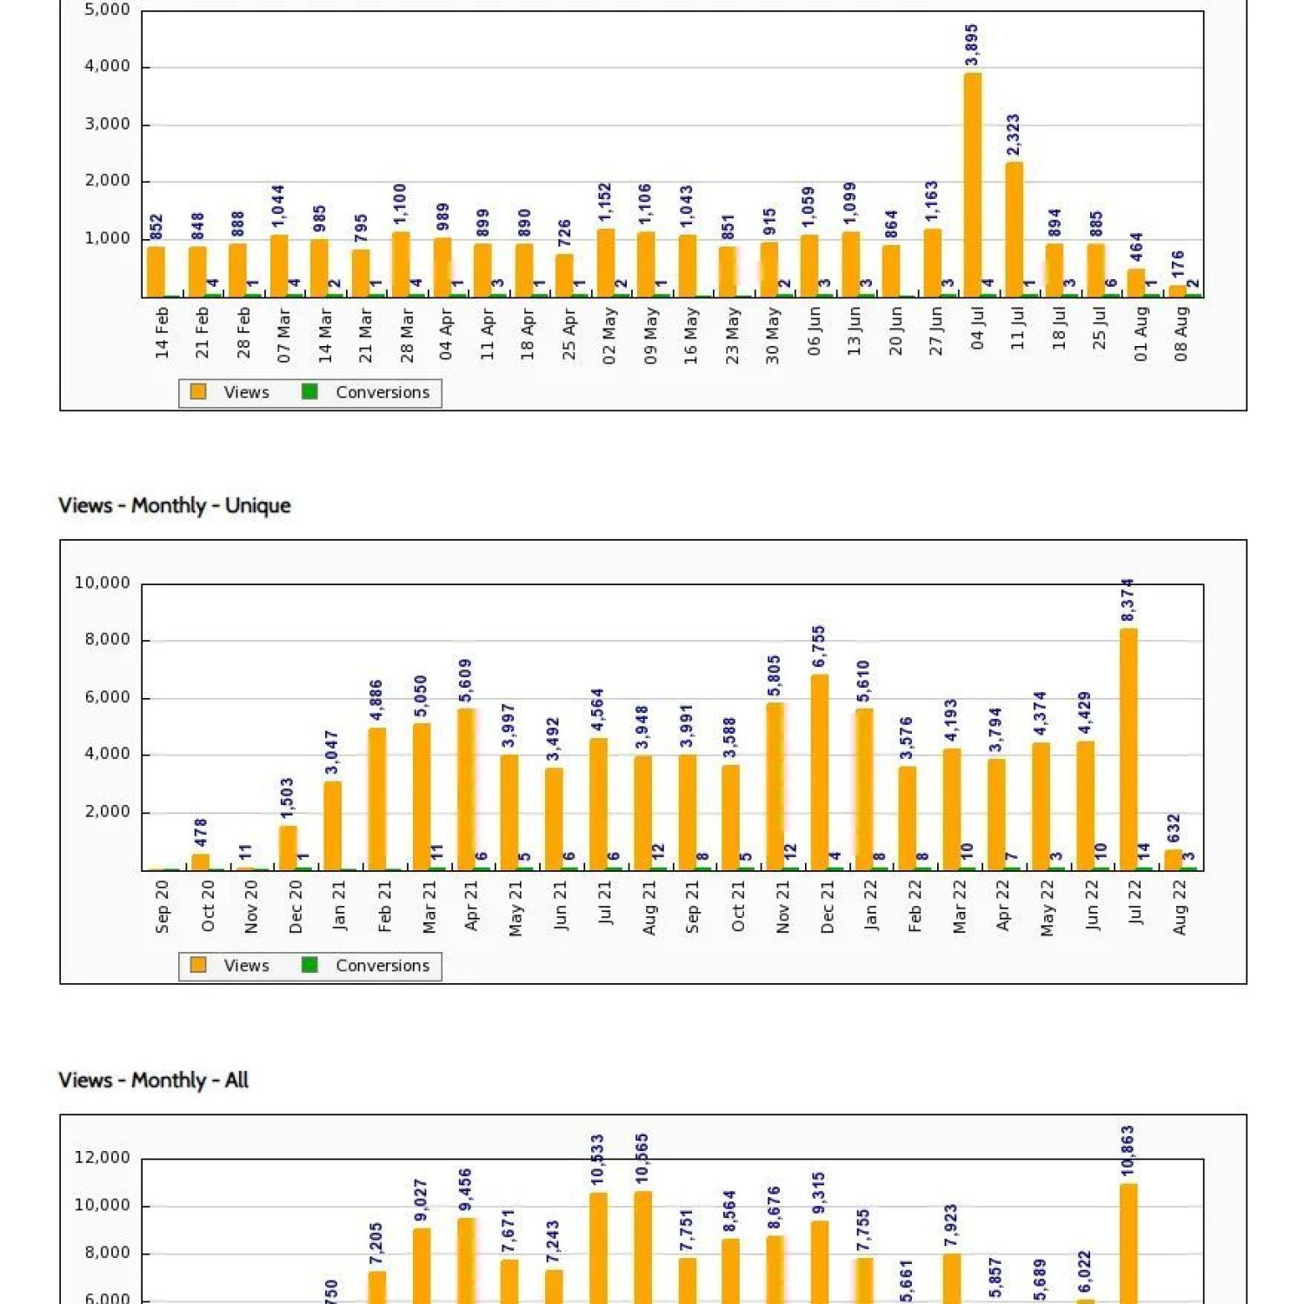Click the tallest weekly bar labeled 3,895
973,184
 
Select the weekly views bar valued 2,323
1014,230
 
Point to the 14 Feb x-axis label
163,334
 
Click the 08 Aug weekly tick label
1181,334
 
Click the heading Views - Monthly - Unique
175,505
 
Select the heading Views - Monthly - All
154,1080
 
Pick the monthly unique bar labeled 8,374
1128,748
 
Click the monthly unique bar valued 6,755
819,772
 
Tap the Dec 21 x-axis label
827,907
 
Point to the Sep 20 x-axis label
163,907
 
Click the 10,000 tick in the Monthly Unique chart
103,583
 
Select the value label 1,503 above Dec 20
288,798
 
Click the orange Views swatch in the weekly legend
198,392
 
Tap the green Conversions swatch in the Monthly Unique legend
309,965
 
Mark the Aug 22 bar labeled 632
1173,859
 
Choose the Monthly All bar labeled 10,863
1128,1243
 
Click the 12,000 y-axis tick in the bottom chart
103,1158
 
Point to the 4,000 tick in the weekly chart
108,67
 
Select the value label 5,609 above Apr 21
465,681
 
